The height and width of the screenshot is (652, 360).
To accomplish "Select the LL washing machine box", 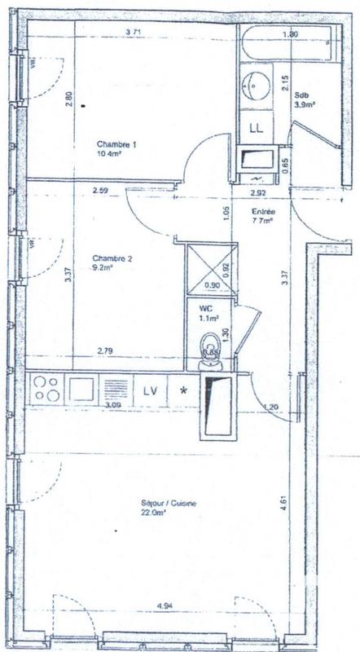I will pyautogui.click(x=257, y=128).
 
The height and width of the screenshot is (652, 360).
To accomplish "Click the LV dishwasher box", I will pyautogui.click(x=150, y=390).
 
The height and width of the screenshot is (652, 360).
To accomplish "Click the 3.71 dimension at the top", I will pyautogui.click(x=135, y=32).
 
